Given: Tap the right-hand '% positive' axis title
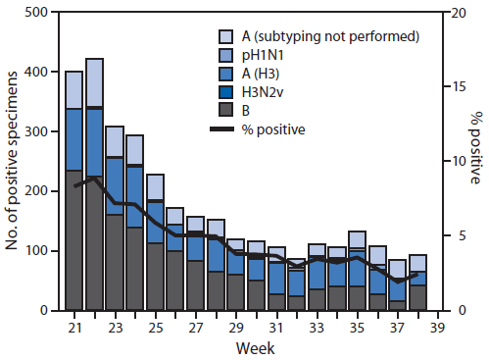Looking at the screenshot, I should coord(475,147).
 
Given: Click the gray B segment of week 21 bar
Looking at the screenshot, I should coord(73,240).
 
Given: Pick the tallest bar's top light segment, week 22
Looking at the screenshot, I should coord(94,82).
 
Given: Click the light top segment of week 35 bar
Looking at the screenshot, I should coord(357,240).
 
